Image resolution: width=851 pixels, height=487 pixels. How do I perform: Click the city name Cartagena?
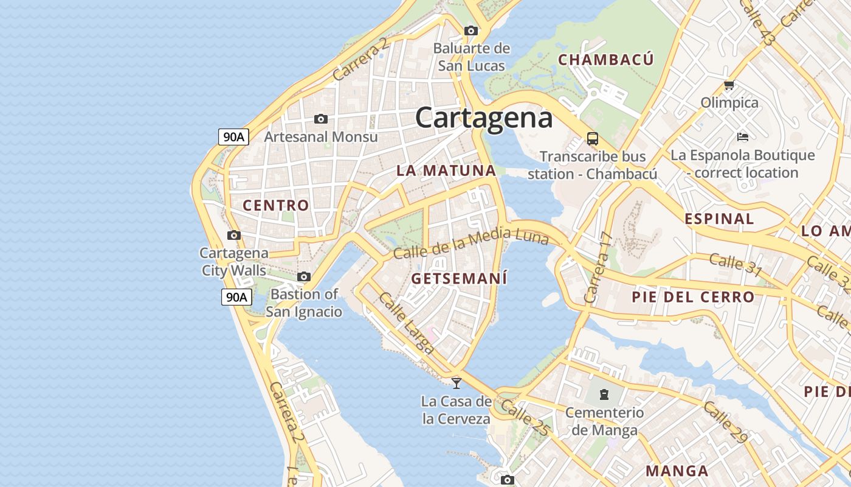click(x=484, y=117)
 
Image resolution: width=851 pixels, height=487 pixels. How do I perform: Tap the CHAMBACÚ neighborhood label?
click(x=605, y=60)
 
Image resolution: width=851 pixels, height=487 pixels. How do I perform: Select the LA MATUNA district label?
click(x=446, y=170)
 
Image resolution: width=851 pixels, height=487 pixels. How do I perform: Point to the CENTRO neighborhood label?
click(x=276, y=205)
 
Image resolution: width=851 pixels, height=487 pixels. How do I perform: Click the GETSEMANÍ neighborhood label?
click(x=459, y=279)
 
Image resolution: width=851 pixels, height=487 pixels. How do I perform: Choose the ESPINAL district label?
click(x=719, y=219)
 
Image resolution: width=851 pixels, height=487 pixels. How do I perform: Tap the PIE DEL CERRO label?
click(x=693, y=297)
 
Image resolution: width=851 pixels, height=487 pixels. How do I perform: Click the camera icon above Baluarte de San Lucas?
click(x=470, y=30)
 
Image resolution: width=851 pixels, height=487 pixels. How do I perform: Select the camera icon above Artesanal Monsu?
click(x=321, y=119)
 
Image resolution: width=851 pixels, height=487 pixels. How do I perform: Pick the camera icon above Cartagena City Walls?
click(x=233, y=235)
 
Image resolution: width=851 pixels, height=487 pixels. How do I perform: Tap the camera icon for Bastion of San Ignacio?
click(x=304, y=277)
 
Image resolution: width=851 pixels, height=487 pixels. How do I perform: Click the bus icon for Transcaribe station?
click(x=592, y=138)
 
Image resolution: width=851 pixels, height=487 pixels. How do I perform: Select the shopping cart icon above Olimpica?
click(x=729, y=85)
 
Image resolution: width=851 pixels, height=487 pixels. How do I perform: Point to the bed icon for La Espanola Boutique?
click(x=742, y=136)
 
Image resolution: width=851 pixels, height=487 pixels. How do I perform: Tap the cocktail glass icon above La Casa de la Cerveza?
click(x=457, y=383)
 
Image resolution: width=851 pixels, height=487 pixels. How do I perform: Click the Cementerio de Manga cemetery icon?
click(x=604, y=394)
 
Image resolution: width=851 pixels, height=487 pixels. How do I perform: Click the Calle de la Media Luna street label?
click(x=470, y=242)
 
